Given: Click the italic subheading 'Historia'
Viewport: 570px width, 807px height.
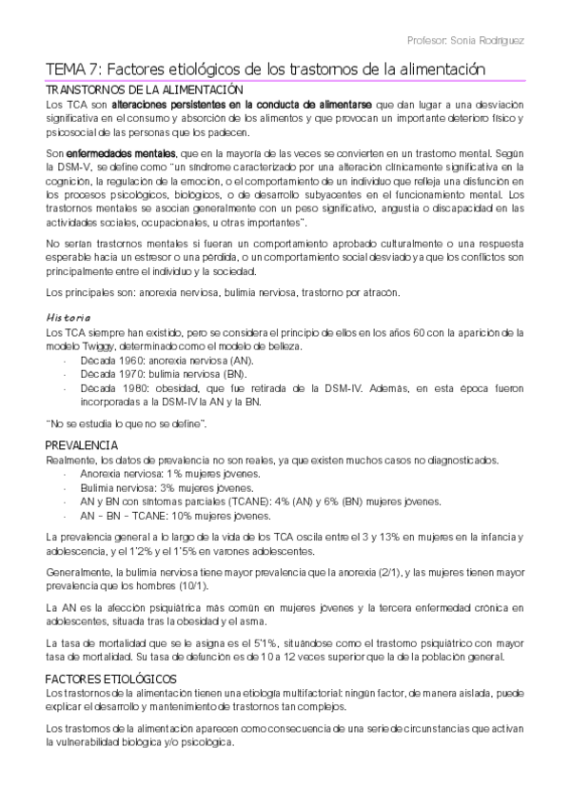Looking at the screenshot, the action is [x=69, y=317].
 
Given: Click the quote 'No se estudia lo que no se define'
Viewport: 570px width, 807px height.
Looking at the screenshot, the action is [x=128, y=423].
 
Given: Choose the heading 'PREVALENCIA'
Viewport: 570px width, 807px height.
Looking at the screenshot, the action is [x=82, y=445].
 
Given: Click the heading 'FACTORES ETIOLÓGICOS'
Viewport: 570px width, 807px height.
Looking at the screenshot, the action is [x=111, y=679].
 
